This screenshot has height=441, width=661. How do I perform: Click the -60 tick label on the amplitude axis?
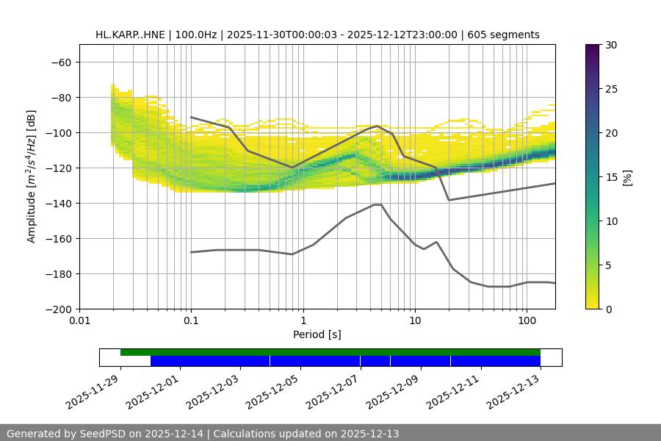[x=61, y=62]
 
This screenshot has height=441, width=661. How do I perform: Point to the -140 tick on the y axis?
[x=58, y=203]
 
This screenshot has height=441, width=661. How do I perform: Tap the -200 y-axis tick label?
[x=58, y=309]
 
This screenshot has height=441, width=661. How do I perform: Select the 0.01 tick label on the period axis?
[x=79, y=321]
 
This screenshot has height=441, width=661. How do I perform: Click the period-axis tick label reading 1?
[x=303, y=321]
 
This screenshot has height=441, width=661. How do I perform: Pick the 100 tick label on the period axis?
[x=526, y=321]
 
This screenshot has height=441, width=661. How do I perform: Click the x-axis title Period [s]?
[x=317, y=334]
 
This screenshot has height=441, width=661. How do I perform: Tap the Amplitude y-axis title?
[x=32, y=176]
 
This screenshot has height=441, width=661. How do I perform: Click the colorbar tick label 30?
[x=611, y=45]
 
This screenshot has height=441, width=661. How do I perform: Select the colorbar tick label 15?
[x=611, y=177]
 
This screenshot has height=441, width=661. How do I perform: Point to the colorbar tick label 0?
[x=609, y=309]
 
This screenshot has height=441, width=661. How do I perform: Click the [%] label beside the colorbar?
[x=627, y=177]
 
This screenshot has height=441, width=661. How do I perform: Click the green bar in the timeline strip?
[x=330, y=352]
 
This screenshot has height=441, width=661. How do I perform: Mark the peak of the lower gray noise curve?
[x=378, y=204]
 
